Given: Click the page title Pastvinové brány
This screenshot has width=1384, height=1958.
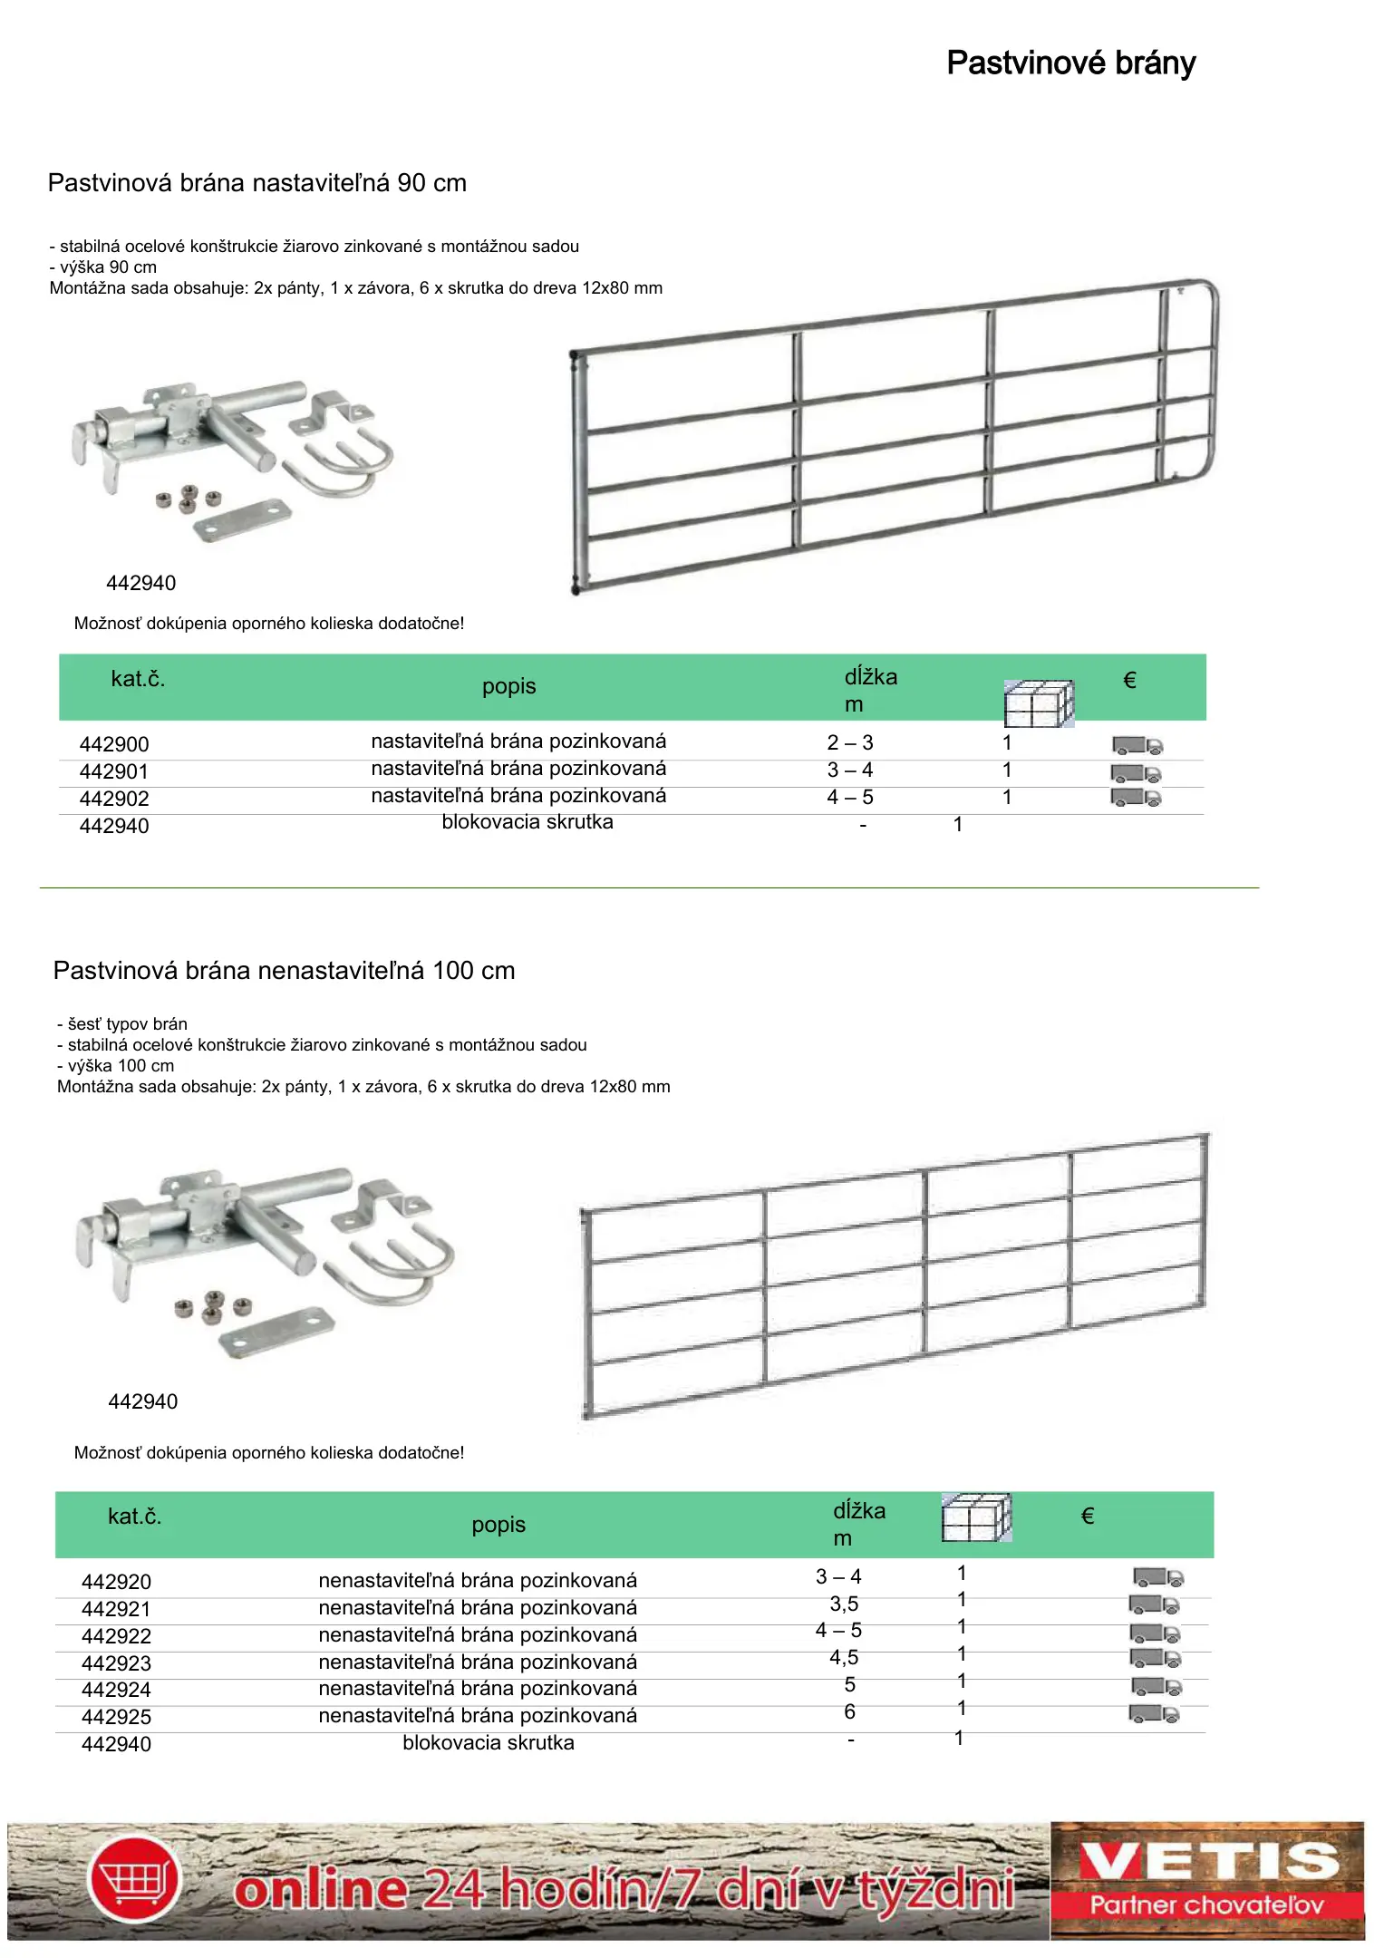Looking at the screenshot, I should tap(1070, 63).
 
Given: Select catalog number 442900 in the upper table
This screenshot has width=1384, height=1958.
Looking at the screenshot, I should tap(114, 744).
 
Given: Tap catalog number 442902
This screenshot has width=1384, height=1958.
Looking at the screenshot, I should tap(114, 799).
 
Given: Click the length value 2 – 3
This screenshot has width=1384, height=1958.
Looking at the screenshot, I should tap(849, 742).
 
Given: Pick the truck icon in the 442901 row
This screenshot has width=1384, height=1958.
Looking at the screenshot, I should tap(1136, 773).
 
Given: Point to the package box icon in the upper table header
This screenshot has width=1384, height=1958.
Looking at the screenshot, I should tap(1038, 703).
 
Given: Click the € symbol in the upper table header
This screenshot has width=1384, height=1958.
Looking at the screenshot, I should tap(1129, 680).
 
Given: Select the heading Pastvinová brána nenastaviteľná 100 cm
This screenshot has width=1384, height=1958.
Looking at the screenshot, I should tap(284, 971).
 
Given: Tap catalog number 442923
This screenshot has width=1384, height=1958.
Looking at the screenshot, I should tap(116, 1663).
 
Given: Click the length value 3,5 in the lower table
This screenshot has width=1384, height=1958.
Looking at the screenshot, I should tap(844, 1604).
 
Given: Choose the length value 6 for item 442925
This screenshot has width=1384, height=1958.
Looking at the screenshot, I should tap(849, 1711).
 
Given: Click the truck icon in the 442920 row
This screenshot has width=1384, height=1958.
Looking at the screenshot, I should tap(1157, 1577).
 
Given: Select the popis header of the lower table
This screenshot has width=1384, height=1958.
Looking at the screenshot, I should tap(498, 1525).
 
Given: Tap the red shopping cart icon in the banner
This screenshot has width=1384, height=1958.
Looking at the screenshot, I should tap(134, 1880).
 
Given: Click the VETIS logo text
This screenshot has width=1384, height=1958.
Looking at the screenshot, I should tap(1208, 1862).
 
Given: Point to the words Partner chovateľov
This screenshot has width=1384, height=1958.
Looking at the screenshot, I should tap(1206, 1905).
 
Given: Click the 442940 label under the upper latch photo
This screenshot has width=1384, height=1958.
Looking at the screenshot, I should tap(141, 583).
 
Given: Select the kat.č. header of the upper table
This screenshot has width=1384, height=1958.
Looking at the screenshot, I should tap(138, 679).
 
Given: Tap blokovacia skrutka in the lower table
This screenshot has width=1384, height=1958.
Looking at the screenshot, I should tap(489, 1742).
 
